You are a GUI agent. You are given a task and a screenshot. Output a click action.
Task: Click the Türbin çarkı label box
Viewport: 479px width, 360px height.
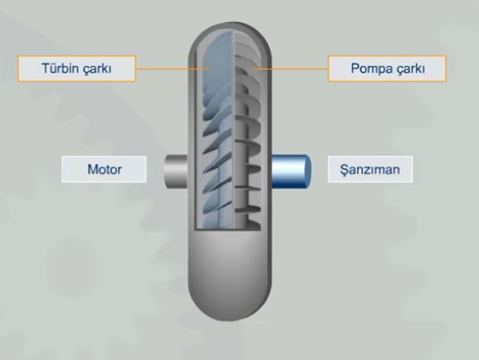(77, 68)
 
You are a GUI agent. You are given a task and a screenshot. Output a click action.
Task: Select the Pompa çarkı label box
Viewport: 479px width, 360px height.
(387, 68)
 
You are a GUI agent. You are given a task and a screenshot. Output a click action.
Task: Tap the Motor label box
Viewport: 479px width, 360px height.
(104, 169)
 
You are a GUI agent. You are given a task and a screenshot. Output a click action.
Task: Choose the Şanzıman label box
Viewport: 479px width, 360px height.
(370, 169)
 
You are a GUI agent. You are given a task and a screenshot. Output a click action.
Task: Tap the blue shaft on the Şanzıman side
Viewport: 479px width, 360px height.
(291, 171)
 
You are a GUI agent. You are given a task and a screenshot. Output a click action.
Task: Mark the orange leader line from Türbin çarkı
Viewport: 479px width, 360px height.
(172, 69)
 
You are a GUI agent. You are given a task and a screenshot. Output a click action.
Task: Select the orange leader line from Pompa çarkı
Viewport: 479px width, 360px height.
(291, 68)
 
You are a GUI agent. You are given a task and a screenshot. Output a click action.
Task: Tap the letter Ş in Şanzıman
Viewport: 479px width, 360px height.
(345, 170)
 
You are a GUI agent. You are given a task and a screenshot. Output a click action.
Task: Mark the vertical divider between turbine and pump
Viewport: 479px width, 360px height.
(233, 131)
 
